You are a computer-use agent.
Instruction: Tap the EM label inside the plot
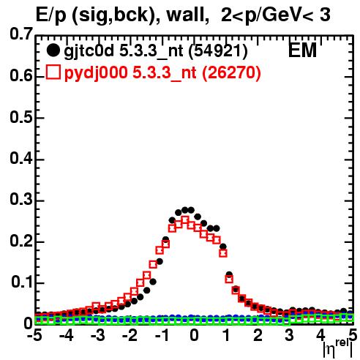click(302, 50)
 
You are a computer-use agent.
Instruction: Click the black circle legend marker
click(53, 50)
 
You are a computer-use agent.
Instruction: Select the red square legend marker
click(53, 72)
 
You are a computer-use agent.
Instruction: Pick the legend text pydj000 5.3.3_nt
click(130, 73)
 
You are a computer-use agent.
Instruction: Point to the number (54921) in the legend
click(218, 51)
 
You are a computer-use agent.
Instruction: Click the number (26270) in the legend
click(231, 73)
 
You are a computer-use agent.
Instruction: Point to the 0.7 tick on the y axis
click(21, 34)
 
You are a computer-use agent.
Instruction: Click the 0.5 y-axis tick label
click(21, 118)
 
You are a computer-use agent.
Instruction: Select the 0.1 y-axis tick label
click(22, 282)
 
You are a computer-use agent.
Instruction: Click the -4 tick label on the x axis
click(67, 336)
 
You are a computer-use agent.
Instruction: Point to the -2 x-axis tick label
click(130, 336)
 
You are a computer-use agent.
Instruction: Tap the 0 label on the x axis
click(194, 336)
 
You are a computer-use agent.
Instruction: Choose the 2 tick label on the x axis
click(258, 336)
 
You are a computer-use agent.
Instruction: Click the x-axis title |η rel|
click(338, 349)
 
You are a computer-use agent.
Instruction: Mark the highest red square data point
click(185, 220)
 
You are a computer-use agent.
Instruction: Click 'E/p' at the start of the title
click(51, 15)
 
